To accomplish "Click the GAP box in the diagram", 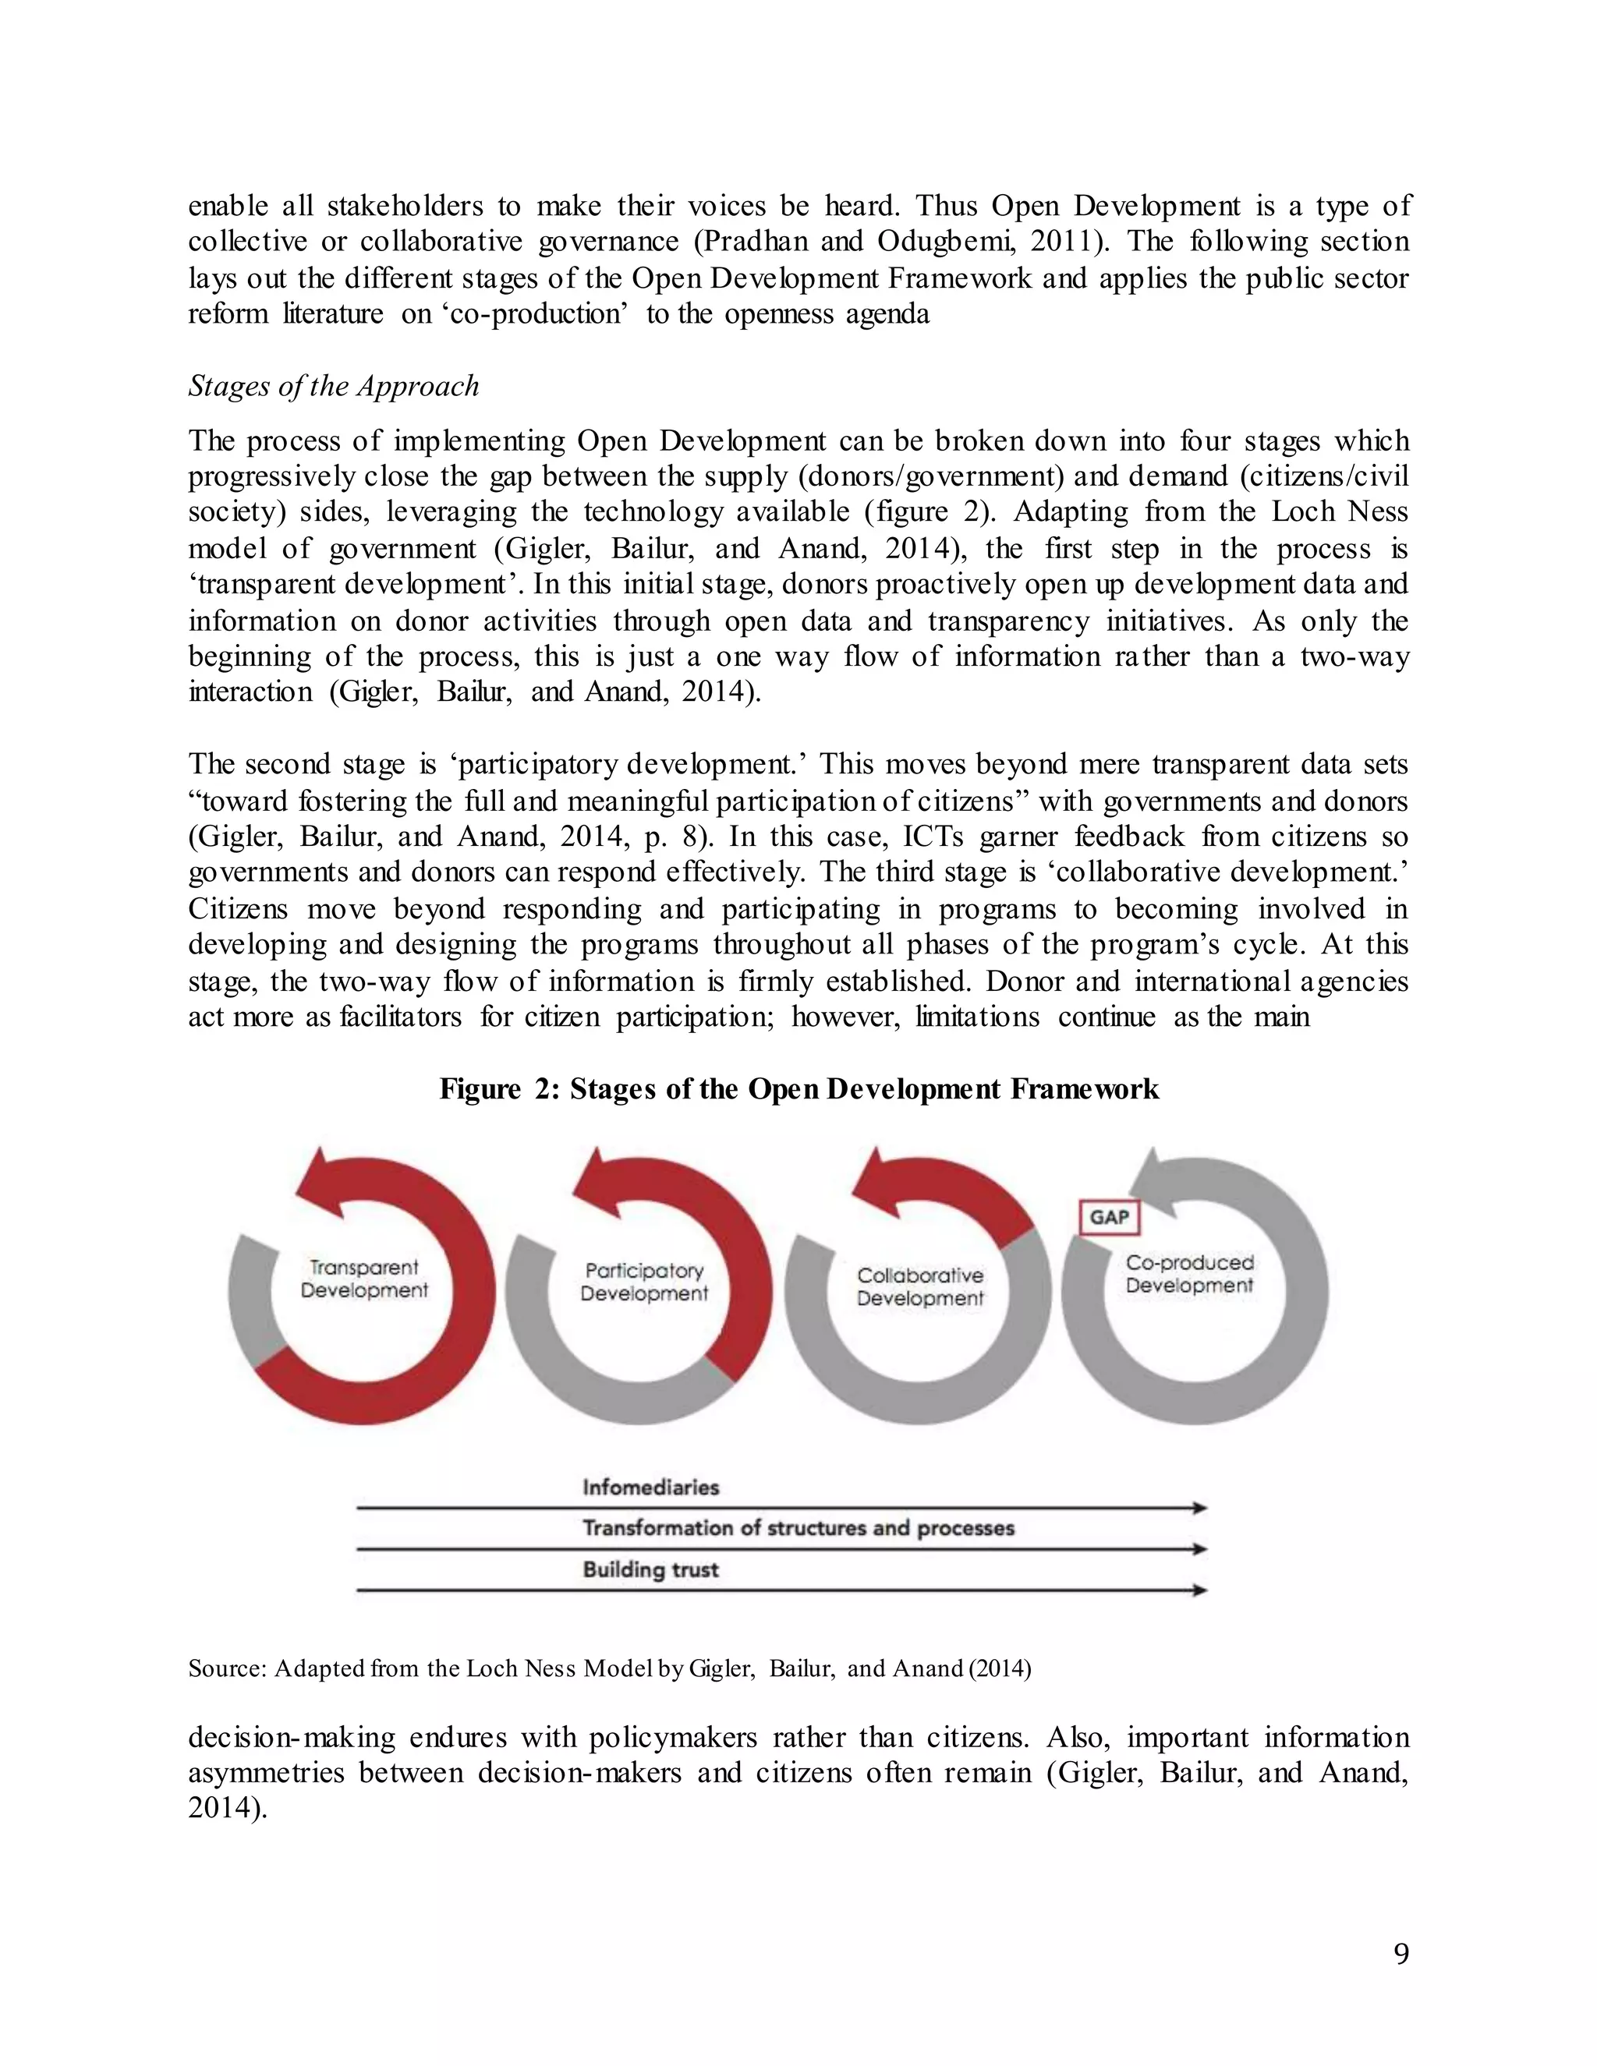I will (1109, 1216).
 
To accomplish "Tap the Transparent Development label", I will (364, 1279).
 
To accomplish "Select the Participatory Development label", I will (643, 1282).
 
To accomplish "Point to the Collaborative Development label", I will (919, 1286).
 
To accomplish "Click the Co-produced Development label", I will (1189, 1274).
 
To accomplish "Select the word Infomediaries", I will (651, 1487).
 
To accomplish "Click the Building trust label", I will (651, 1570).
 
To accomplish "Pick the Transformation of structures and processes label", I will (798, 1528).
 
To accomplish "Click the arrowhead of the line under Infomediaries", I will (1199, 1508).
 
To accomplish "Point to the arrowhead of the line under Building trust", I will (1199, 1590).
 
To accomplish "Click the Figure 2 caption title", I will (798, 1089).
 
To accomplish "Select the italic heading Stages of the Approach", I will (333, 386).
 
